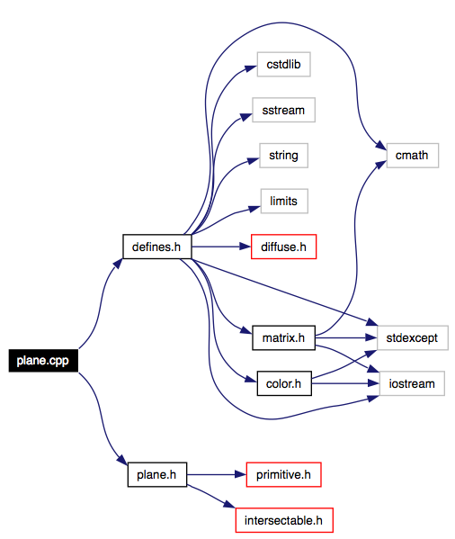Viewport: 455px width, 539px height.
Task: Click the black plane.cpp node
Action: [x=43, y=361]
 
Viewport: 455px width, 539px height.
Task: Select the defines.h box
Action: [x=157, y=247]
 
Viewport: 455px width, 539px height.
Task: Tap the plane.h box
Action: [x=157, y=475]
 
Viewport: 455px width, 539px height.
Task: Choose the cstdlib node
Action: [x=283, y=64]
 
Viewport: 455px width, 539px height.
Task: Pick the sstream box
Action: [x=283, y=110]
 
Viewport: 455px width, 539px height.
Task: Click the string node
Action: [x=283, y=156]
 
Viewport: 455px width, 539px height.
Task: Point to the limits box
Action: [x=284, y=201]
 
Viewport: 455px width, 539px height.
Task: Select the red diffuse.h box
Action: [x=283, y=247]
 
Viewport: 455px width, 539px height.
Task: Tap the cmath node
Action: [x=413, y=156]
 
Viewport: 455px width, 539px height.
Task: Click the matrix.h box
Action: [x=283, y=338]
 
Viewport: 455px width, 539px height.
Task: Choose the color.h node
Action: [x=284, y=383]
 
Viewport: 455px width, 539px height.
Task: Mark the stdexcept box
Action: [x=413, y=338]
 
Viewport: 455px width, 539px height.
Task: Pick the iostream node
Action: [x=412, y=383]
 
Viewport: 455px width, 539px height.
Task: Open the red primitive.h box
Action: [x=283, y=475]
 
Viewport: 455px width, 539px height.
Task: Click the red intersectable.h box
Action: [x=284, y=520]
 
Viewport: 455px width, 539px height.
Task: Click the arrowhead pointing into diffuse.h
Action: [x=245, y=247]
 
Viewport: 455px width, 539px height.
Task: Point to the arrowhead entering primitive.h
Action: [x=240, y=475]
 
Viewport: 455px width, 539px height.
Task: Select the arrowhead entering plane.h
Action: [x=122, y=459]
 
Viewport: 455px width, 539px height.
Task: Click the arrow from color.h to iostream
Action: [x=345, y=383]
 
